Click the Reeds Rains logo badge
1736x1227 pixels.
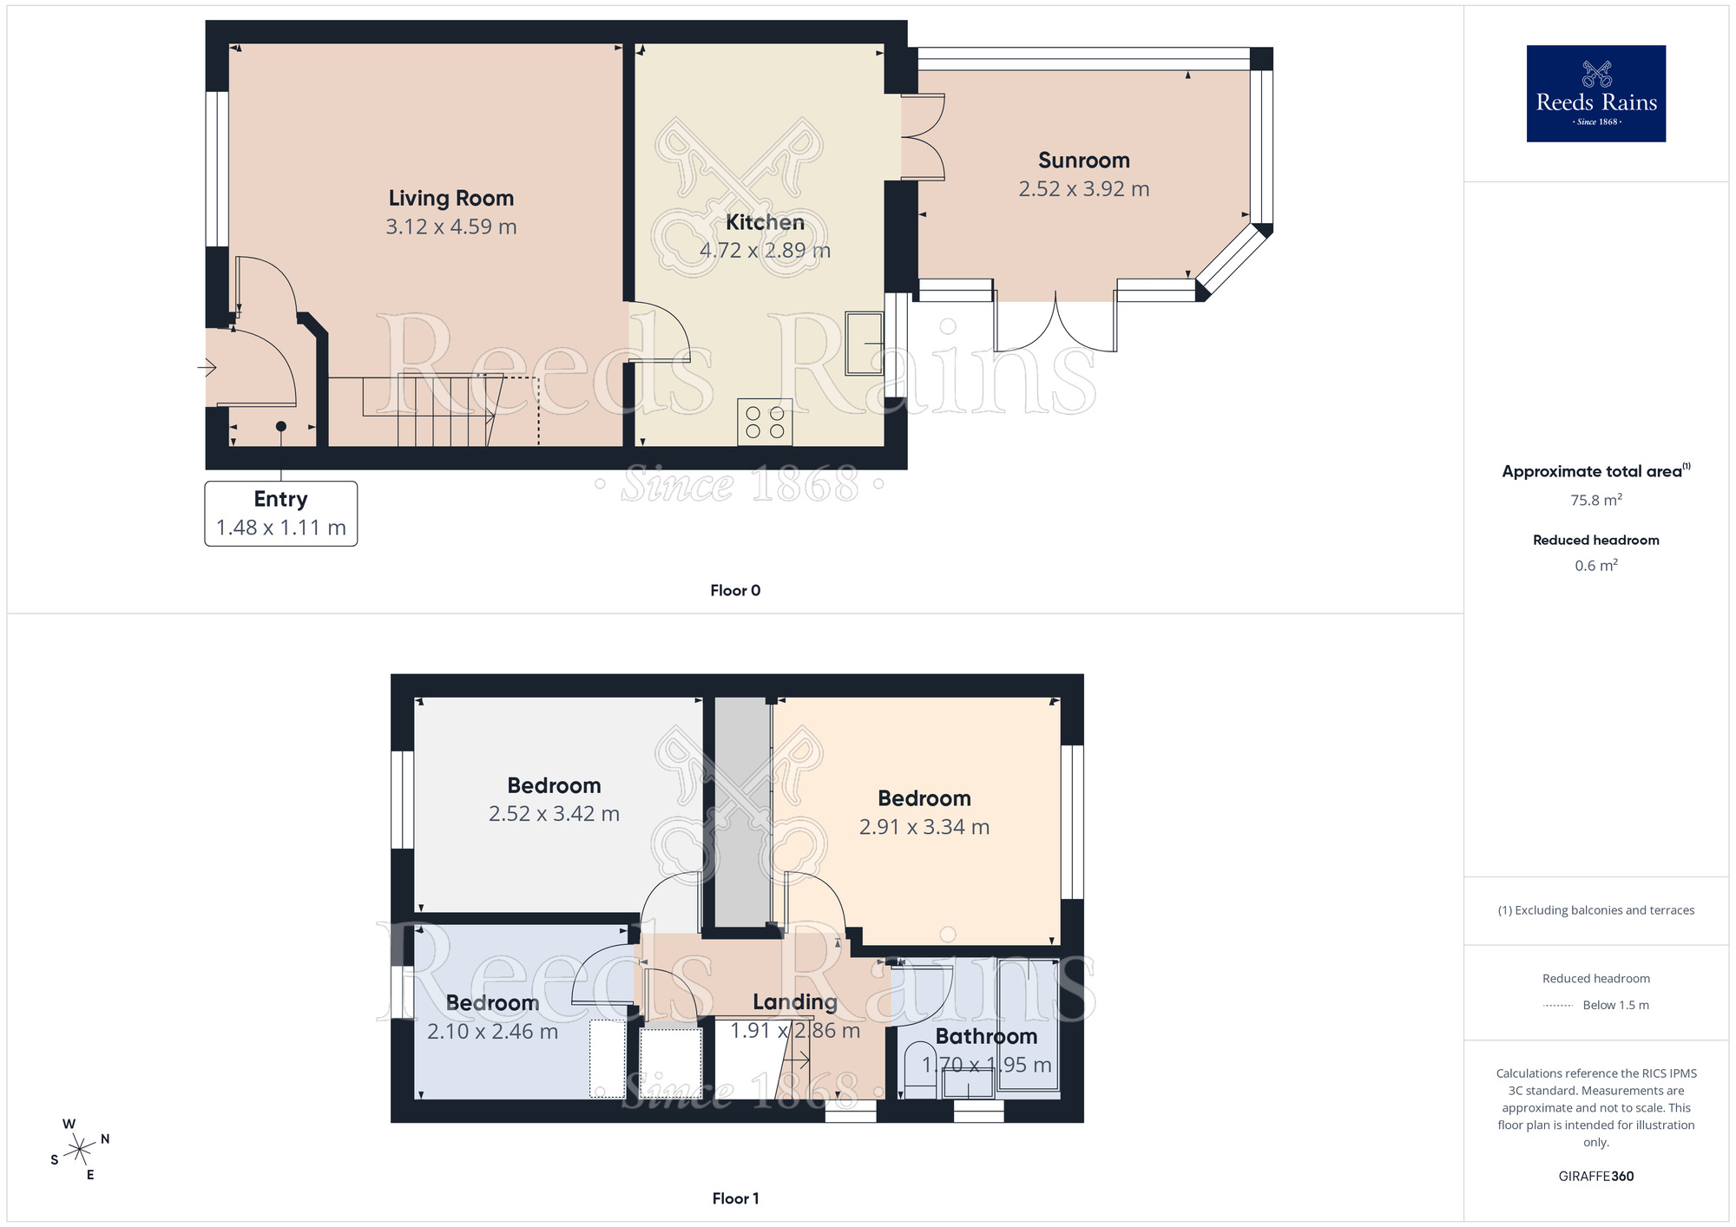click(x=1595, y=94)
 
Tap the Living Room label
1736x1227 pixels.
click(x=450, y=199)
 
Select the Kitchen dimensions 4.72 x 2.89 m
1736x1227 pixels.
click(x=765, y=251)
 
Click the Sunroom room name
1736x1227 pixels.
click(x=1083, y=161)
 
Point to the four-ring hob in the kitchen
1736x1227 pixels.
click(x=765, y=422)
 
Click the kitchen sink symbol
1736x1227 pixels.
click(x=865, y=344)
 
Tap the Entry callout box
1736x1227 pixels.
click(x=280, y=514)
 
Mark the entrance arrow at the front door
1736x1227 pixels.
click(x=207, y=368)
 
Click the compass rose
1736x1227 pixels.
click(x=80, y=1150)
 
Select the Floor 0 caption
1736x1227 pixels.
click(x=734, y=591)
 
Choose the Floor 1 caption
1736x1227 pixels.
click(x=734, y=1198)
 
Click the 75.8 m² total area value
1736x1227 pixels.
click(x=1595, y=501)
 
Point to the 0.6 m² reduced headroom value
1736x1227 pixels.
click(x=1595, y=566)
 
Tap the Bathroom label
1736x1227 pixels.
click(x=986, y=1037)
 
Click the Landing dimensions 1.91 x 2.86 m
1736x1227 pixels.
click(x=794, y=1031)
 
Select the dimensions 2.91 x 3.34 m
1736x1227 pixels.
click(x=924, y=827)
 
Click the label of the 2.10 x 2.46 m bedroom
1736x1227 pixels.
click(x=492, y=1003)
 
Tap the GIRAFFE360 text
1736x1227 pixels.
click(x=1595, y=1177)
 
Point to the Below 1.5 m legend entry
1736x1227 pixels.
click(x=1614, y=1005)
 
